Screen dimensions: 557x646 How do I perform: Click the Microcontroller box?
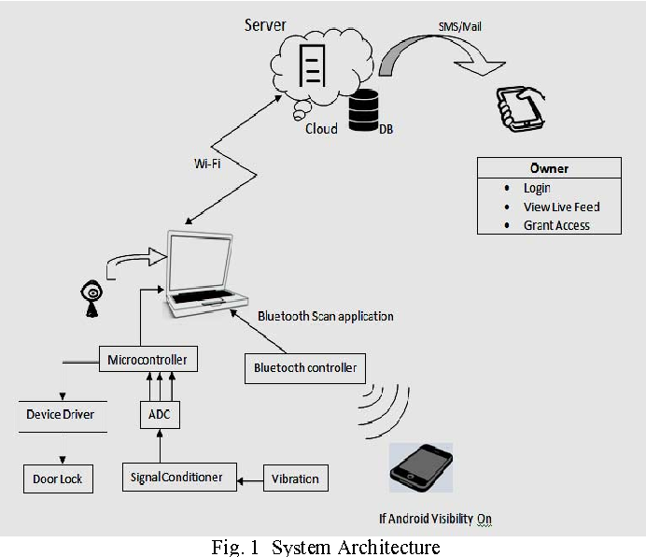[147, 359]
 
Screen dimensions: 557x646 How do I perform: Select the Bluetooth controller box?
[305, 367]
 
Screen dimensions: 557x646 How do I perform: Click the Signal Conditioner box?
[178, 477]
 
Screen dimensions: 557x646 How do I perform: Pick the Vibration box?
[295, 478]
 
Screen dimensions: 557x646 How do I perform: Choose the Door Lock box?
[58, 478]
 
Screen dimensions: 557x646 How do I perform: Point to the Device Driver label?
[60, 414]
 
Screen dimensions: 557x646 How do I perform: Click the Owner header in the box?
[549, 169]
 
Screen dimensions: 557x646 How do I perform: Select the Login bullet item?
[537, 188]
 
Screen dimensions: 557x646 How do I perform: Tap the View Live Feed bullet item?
[560, 207]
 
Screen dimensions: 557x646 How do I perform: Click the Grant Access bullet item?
[555, 225]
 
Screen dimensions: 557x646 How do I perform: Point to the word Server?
[265, 25]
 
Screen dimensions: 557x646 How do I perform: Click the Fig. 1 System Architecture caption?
[324, 547]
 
